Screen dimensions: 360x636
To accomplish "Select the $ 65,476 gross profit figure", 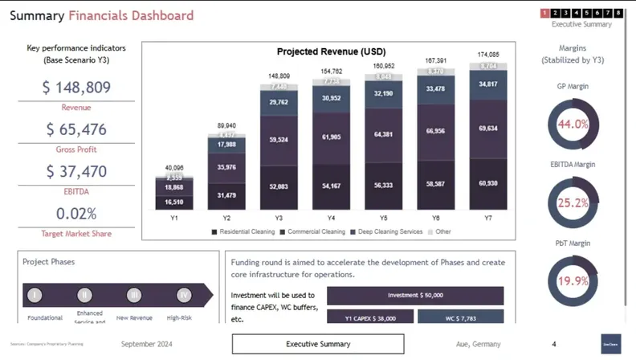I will (76, 129).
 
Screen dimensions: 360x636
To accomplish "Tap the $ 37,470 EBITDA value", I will (77, 171).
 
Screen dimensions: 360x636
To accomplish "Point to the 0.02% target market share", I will (76, 214).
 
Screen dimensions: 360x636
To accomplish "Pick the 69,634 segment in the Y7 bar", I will (488, 128).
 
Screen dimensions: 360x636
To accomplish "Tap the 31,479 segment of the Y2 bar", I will (226, 195).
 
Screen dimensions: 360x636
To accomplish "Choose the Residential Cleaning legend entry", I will (243, 231).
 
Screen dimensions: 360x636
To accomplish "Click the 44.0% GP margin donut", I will (573, 125).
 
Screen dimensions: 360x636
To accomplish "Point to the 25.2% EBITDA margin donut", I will (573, 202).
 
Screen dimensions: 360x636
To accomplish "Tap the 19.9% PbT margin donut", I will (573, 280).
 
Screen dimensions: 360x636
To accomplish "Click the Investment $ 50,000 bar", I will (415, 295).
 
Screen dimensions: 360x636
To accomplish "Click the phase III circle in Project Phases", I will (135, 295).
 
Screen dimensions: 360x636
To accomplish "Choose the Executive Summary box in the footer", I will (318, 344).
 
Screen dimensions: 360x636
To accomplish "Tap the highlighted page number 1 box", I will (544, 13).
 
